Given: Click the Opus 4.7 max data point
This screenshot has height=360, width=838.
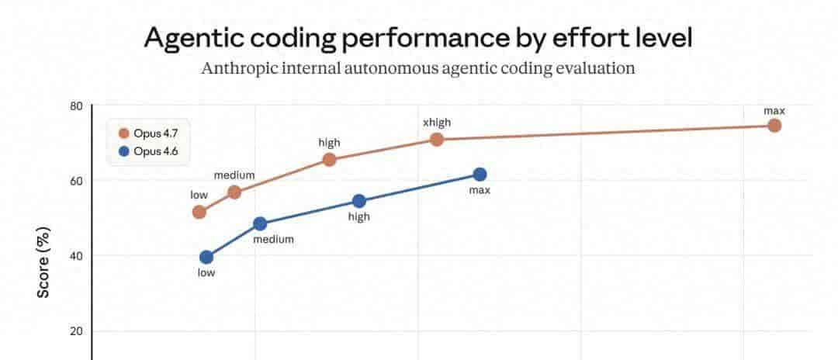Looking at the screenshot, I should pyautogui.click(x=774, y=126).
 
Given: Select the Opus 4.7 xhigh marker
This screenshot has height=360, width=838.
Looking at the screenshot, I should pyautogui.click(x=436, y=139).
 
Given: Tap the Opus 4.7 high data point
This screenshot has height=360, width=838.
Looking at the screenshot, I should pyautogui.click(x=329, y=160).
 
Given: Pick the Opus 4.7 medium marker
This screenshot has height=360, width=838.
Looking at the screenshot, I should pyautogui.click(x=234, y=192).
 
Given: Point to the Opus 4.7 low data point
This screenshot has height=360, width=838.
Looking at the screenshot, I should pyautogui.click(x=199, y=212).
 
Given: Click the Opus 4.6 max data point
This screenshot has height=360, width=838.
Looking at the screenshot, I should pyautogui.click(x=480, y=175).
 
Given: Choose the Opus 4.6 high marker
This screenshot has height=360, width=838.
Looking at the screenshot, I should pyautogui.click(x=358, y=201).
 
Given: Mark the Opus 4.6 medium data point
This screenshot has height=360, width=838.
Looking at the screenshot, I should pyautogui.click(x=260, y=223).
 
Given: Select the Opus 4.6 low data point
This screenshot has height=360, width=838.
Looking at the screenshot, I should pyautogui.click(x=206, y=257).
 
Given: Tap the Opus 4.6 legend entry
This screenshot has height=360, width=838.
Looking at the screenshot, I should pyautogui.click(x=150, y=151).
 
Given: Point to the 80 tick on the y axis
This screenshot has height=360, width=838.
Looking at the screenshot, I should pyautogui.click(x=77, y=106).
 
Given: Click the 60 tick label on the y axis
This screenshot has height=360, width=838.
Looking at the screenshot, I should pyautogui.click(x=77, y=181).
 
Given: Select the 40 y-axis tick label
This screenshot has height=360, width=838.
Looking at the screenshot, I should pyautogui.click(x=77, y=256).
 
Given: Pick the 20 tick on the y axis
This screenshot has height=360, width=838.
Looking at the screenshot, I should pyautogui.click(x=77, y=331).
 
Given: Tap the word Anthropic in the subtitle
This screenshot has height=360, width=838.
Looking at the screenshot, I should pyautogui.click(x=240, y=68).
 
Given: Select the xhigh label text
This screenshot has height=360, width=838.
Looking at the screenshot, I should pyautogui.click(x=436, y=122).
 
